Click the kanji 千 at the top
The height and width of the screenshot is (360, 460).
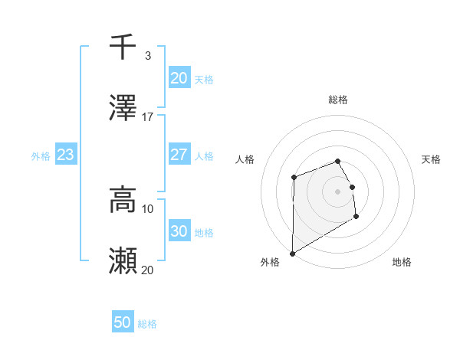coord(123,47)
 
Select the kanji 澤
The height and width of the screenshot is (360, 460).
coord(123,109)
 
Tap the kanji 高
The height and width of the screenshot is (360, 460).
coord(123,201)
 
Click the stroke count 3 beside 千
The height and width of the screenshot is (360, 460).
coord(147,55)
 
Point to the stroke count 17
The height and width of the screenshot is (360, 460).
coord(148,116)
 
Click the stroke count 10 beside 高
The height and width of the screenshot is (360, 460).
coord(148,208)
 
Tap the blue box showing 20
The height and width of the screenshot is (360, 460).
coord(179,78)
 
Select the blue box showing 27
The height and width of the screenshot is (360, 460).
coord(179,155)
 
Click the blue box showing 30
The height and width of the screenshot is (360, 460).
coord(179,231)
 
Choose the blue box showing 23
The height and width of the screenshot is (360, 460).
coord(65,155)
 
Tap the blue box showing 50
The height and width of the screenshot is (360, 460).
coord(122,322)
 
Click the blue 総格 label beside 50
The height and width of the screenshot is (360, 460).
coord(147,324)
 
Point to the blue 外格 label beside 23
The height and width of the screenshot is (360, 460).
coord(41,156)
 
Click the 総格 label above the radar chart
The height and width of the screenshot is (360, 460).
coord(338,100)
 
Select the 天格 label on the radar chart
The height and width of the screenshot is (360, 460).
coord(432,159)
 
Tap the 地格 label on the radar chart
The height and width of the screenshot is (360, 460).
coord(402,262)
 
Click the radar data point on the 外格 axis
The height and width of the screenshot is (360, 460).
coord(292,254)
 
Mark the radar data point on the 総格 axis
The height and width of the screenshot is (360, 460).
coord(338,161)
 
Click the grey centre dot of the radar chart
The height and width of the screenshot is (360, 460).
coord(338,191)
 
